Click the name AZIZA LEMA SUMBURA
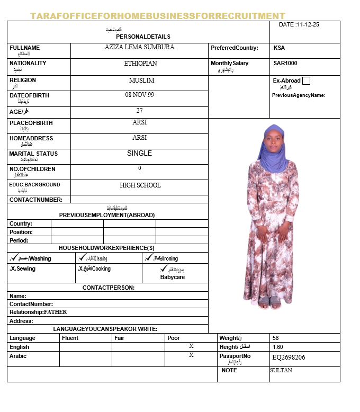(x=139, y=47)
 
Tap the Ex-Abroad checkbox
(x=306, y=81)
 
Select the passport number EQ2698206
(x=289, y=357)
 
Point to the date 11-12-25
(x=312, y=24)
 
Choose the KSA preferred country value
(x=279, y=48)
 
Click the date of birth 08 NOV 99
(x=139, y=95)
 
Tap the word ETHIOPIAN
(x=140, y=63)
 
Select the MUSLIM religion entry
(x=141, y=80)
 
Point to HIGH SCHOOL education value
(x=140, y=185)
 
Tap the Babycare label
(x=173, y=277)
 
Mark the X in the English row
(x=191, y=346)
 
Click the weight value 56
(x=275, y=338)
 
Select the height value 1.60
(x=277, y=347)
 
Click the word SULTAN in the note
(x=281, y=370)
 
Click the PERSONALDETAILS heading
(x=143, y=37)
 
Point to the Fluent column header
(x=70, y=338)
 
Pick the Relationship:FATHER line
(x=38, y=312)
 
